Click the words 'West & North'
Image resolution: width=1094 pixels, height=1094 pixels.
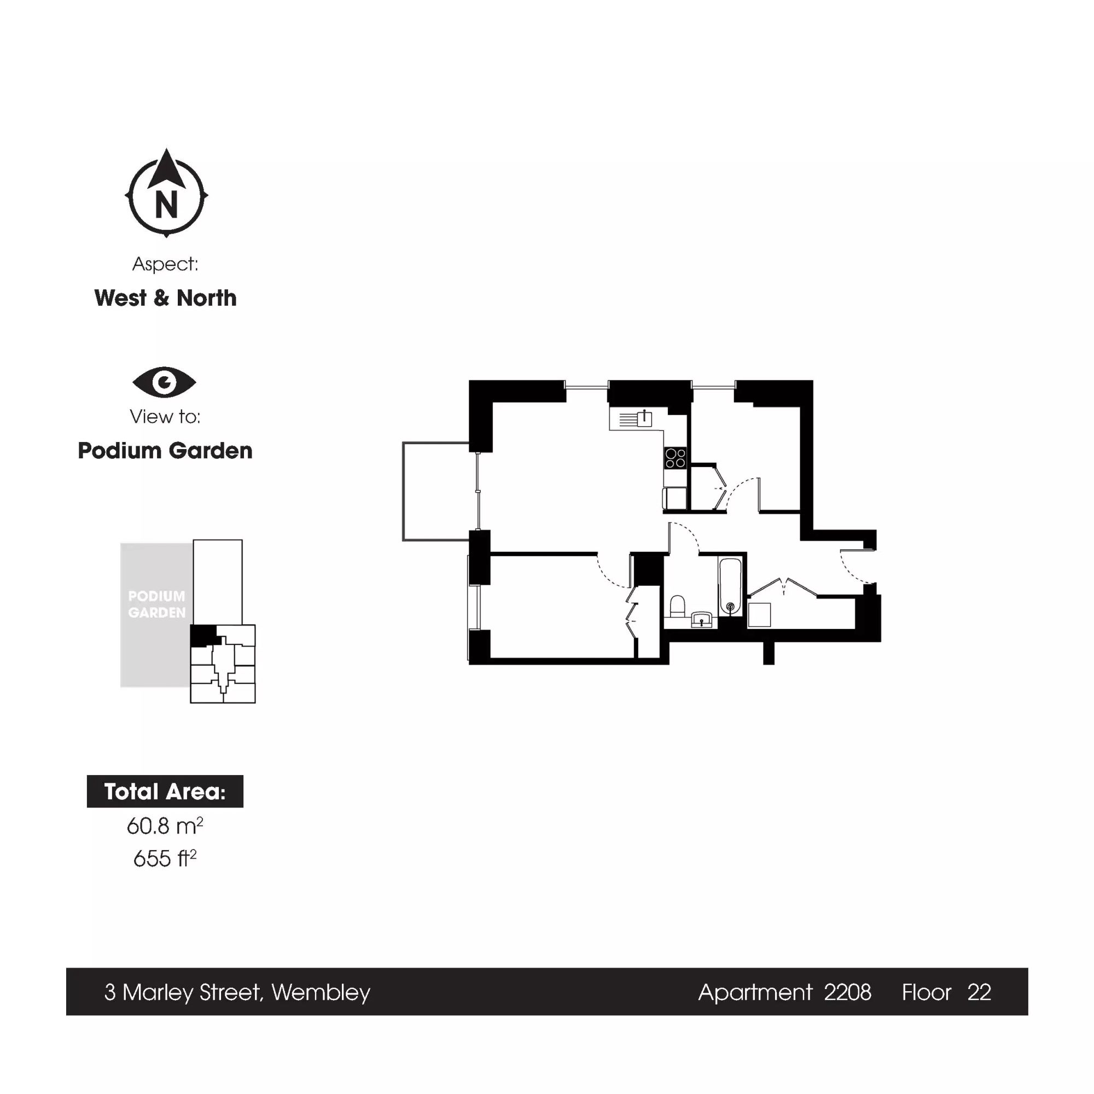165,298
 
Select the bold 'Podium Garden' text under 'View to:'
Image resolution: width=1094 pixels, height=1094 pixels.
165,451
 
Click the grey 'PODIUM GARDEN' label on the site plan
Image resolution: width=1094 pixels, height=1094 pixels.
157,604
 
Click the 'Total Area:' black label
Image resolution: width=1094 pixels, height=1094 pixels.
165,791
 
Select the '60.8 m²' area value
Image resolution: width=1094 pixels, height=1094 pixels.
165,825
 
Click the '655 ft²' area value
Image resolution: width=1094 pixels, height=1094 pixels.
165,858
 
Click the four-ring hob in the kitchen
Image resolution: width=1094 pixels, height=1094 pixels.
676,457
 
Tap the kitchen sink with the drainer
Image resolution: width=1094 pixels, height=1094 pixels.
637,419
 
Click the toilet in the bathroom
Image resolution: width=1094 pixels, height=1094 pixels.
678,606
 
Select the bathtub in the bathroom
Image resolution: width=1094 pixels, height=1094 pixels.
730,586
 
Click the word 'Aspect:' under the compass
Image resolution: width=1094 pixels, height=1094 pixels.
165,264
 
